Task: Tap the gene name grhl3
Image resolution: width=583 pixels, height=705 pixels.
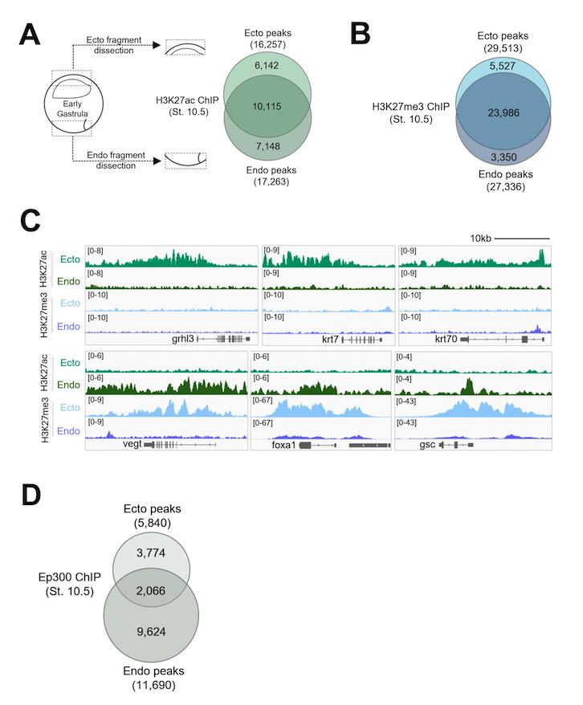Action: (182, 339)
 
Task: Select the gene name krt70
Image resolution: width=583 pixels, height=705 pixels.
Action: (446, 339)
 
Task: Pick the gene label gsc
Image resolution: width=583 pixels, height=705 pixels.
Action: (427, 443)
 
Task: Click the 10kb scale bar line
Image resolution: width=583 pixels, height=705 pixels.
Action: (511, 239)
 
